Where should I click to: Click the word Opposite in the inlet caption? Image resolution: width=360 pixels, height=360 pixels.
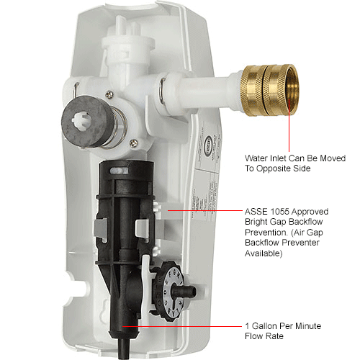pyautogui.click(x=285, y=168)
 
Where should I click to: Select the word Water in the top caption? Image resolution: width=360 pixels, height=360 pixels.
pyautogui.click(x=257, y=158)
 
